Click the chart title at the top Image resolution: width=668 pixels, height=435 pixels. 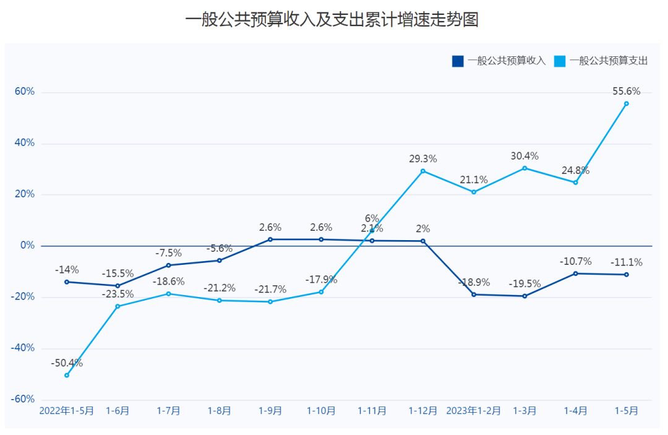tap(332, 20)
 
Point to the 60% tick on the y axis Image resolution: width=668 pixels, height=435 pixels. tap(25, 92)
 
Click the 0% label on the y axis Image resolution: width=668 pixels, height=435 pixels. tap(28, 246)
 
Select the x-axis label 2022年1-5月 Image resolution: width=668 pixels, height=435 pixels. tap(67, 410)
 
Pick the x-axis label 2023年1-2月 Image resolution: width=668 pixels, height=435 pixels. tap(474, 410)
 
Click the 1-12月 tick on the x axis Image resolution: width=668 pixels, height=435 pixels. tap(423, 410)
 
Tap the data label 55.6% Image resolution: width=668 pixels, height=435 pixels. tap(627, 92)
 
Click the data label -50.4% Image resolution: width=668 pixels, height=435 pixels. tap(67, 363)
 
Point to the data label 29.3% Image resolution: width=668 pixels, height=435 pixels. tap(423, 159)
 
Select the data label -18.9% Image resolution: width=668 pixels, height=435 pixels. tap(474, 282)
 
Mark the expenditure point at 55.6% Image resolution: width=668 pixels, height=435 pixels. tap(627, 103)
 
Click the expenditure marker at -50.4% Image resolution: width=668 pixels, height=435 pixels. tap(67, 375)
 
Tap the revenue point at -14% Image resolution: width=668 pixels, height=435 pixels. tap(67, 282)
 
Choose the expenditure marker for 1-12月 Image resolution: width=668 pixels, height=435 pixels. tap(423, 171)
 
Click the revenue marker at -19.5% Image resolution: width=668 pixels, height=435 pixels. tap(525, 296)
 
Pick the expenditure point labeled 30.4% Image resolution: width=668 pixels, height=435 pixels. tap(525, 168)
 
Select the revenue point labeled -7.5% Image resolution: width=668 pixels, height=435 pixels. tap(168, 265)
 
